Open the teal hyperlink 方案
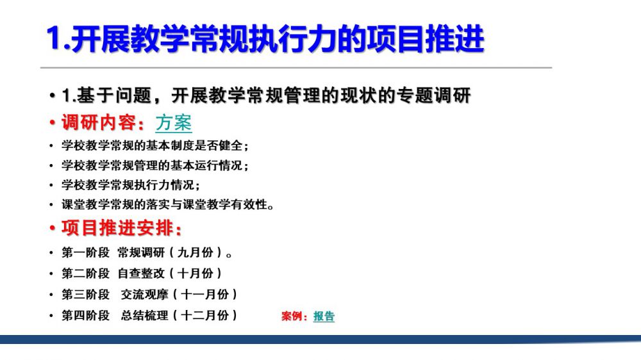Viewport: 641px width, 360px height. coord(174,122)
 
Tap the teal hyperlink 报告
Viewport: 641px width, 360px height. coord(324,316)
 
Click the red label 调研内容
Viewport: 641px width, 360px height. coord(99,122)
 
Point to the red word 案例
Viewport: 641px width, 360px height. coord(292,316)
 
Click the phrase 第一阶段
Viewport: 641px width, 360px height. coord(85,252)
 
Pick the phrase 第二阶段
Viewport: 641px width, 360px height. coord(85,274)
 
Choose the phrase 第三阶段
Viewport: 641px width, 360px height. coord(85,294)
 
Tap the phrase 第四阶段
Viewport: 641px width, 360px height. coord(85,315)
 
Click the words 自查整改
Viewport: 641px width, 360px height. coord(141,274)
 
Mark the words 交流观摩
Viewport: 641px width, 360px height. coord(144,294)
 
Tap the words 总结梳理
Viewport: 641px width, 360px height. coord(144,315)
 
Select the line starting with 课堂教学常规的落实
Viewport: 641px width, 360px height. coord(167,204)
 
